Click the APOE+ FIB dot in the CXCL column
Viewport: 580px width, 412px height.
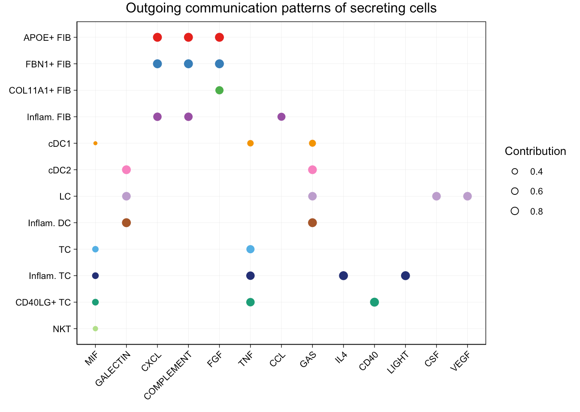tap(157, 37)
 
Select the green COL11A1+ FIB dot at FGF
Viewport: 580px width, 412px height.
tap(219, 90)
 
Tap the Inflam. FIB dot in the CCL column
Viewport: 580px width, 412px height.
tap(281, 117)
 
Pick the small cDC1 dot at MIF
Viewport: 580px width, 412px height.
tap(95, 143)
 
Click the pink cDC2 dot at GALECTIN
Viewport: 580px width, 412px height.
tap(126, 170)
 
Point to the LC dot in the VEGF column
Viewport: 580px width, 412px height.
tap(468, 196)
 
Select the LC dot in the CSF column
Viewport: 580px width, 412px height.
tap(436, 196)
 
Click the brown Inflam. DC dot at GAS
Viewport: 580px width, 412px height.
tap(312, 223)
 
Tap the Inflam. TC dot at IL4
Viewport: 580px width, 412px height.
tap(343, 276)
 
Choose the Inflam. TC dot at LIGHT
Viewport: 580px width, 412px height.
tap(405, 276)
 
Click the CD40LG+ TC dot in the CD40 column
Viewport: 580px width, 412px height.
tap(375, 302)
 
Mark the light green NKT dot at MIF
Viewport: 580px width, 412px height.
tap(95, 329)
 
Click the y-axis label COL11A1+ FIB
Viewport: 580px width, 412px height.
tap(40, 91)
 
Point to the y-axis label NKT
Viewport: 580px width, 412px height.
tap(62, 329)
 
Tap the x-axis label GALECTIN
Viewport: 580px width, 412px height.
tap(113, 368)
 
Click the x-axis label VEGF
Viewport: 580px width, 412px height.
tap(461, 362)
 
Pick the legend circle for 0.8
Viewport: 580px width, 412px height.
tap(515, 211)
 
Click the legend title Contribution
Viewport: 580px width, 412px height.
tap(535, 151)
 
